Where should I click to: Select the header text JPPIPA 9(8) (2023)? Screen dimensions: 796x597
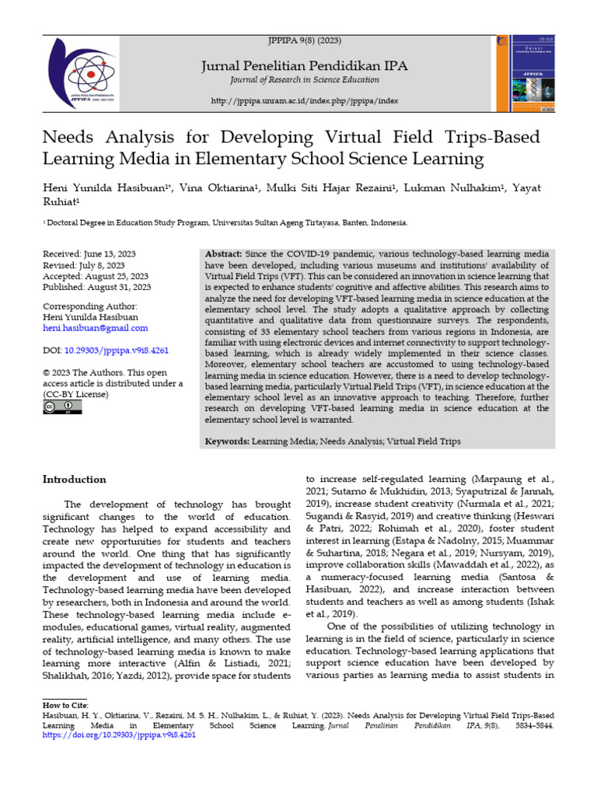304,40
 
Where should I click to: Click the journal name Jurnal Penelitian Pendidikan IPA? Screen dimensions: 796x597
304,66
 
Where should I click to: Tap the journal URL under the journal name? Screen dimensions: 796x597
304,102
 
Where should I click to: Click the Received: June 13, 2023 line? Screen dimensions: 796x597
89,253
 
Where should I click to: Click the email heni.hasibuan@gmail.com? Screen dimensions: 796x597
95,329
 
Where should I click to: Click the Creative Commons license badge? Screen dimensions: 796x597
61,407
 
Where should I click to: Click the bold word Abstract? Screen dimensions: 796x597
223,254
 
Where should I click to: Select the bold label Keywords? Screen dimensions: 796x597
227,441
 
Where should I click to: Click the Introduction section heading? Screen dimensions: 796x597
75,480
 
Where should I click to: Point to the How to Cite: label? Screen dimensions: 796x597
65,704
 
